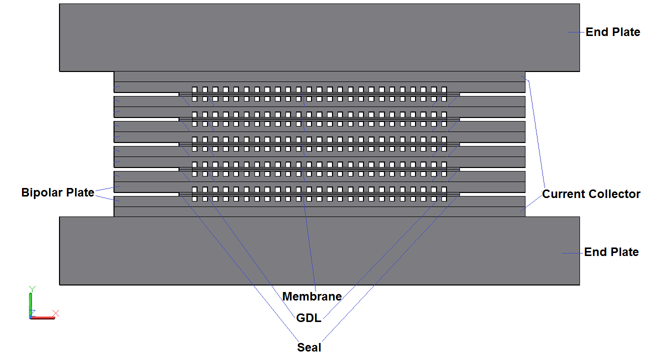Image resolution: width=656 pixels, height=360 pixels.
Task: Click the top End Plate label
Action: (x=612, y=32)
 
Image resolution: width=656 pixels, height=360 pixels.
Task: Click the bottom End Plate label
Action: (x=611, y=252)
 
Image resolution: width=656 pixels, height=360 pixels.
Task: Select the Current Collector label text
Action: (x=591, y=194)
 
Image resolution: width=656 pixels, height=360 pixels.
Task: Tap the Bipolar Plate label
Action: (x=57, y=192)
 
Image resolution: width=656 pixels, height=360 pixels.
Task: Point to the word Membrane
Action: (x=312, y=296)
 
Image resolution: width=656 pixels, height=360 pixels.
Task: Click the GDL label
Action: (x=308, y=318)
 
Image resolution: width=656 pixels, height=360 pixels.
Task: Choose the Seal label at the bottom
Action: (x=309, y=347)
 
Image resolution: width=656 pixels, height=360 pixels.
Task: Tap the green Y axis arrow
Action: (x=30, y=303)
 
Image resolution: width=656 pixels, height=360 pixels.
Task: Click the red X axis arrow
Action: (x=43, y=317)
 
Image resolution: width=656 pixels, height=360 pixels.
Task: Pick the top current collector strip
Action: (x=319, y=76)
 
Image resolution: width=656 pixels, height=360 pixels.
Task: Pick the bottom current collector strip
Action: (x=319, y=211)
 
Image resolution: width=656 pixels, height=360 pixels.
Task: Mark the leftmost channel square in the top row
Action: (x=194, y=89)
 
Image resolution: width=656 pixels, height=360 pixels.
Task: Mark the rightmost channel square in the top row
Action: (x=443, y=89)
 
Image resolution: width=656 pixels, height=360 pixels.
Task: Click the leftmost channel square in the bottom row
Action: (x=194, y=199)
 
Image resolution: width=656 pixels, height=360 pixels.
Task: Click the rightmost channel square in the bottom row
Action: (x=443, y=199)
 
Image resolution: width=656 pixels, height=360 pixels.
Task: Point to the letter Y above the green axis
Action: (x=31, y=288)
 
